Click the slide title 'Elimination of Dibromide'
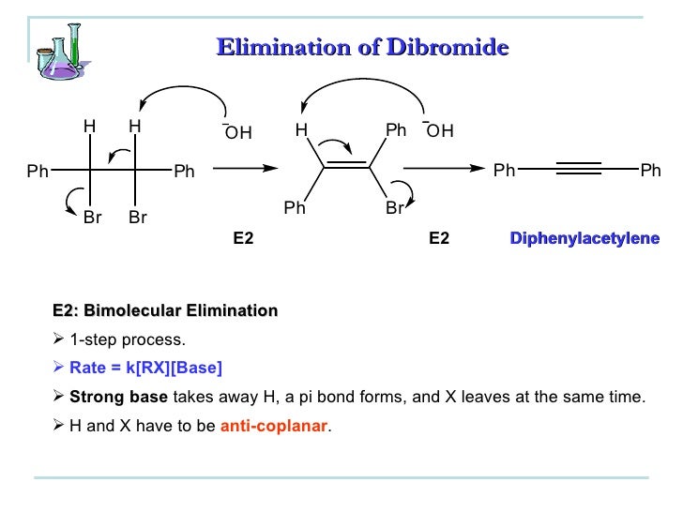[362, 46]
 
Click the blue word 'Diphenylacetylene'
[584, 239]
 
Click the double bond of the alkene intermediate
[346, 167]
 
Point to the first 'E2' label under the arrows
[243, 239]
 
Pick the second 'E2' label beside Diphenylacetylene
[438, 239]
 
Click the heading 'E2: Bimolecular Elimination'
[165, 310]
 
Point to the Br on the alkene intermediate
[394, 208]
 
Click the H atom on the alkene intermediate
[300, 131]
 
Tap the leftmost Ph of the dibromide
[38, 171]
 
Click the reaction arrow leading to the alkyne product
[442, 169]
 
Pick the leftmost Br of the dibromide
[92, 218]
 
